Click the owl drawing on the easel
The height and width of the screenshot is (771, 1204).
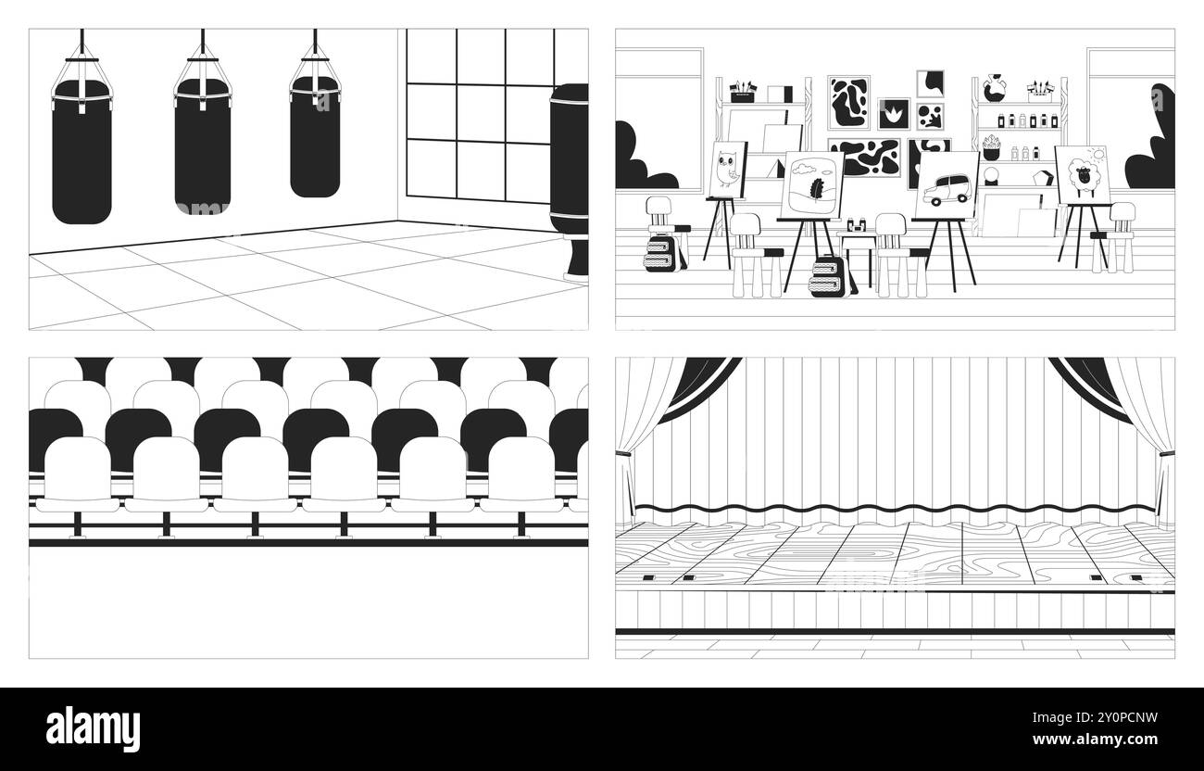point(728,170)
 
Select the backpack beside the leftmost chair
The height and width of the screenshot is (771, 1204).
point(663,252)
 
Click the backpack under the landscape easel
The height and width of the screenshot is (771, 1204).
point(825,276)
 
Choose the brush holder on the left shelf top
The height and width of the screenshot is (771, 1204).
point(742,90)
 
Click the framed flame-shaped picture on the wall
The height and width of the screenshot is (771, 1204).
point(894,114)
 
